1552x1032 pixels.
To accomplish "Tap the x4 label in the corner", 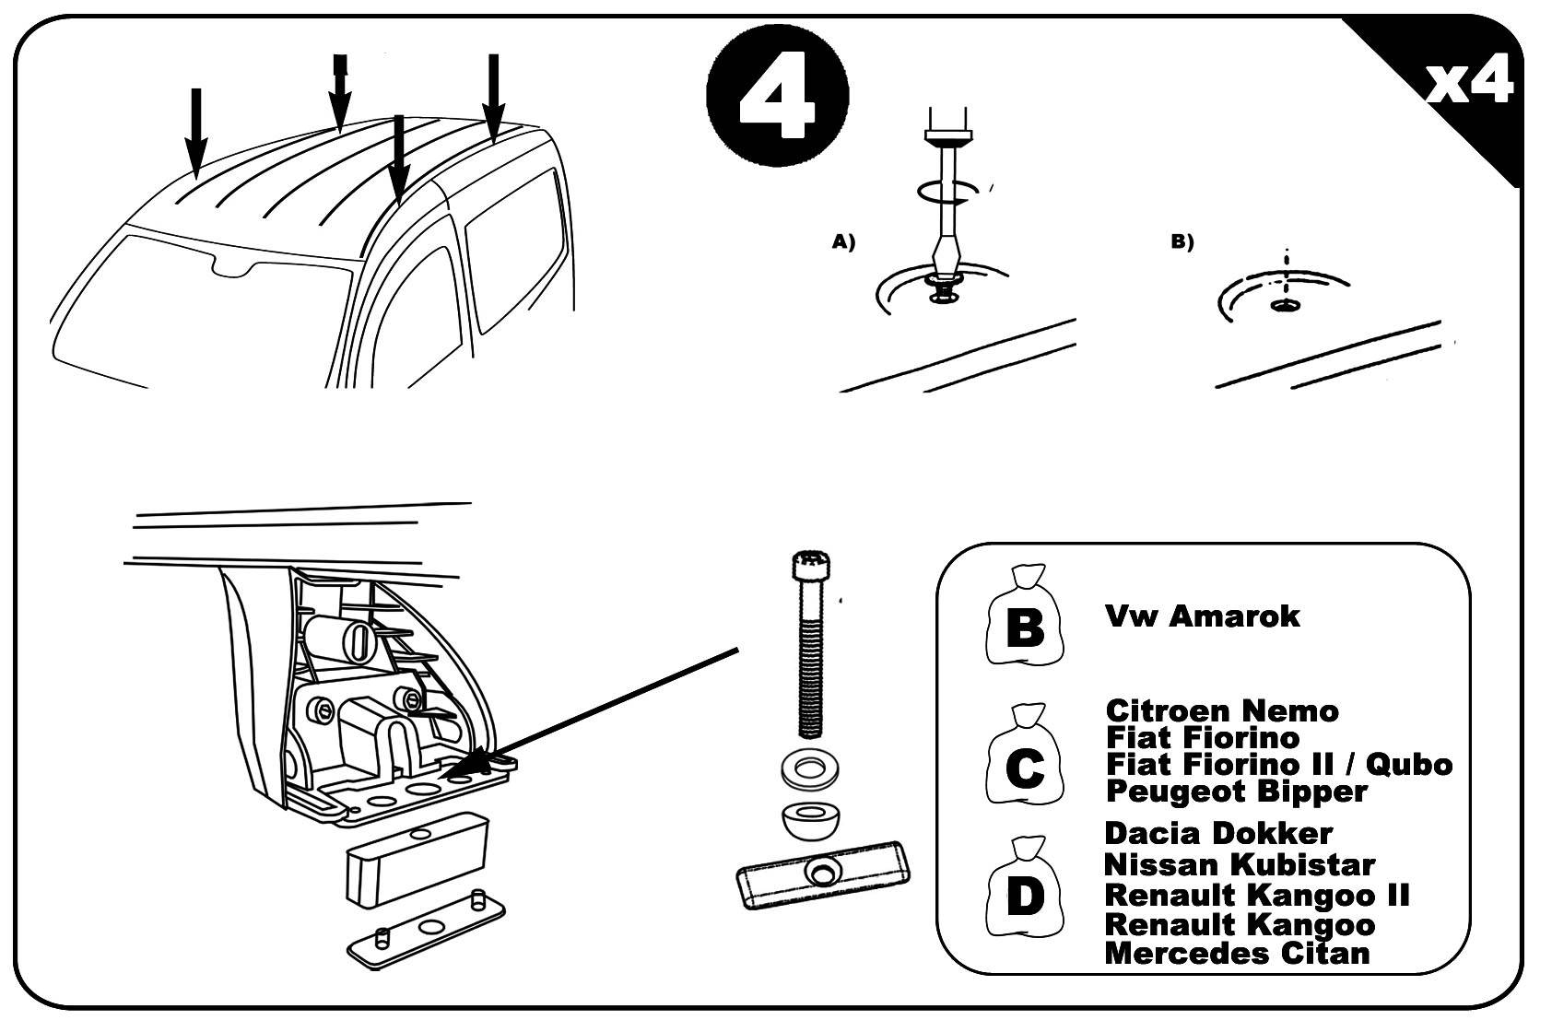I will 1469,83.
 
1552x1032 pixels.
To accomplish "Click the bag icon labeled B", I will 1024,617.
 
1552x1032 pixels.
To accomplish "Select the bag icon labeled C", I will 1023,768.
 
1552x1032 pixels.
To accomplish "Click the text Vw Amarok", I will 1201,616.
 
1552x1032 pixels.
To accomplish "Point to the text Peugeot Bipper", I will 1235,791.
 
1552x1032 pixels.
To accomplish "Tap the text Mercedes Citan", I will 1236,952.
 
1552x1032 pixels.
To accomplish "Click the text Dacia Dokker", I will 1217,833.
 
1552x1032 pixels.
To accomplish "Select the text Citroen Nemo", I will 1221,710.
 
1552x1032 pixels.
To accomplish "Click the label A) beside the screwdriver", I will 843,242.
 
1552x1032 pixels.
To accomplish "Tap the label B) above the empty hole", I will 1182,242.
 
